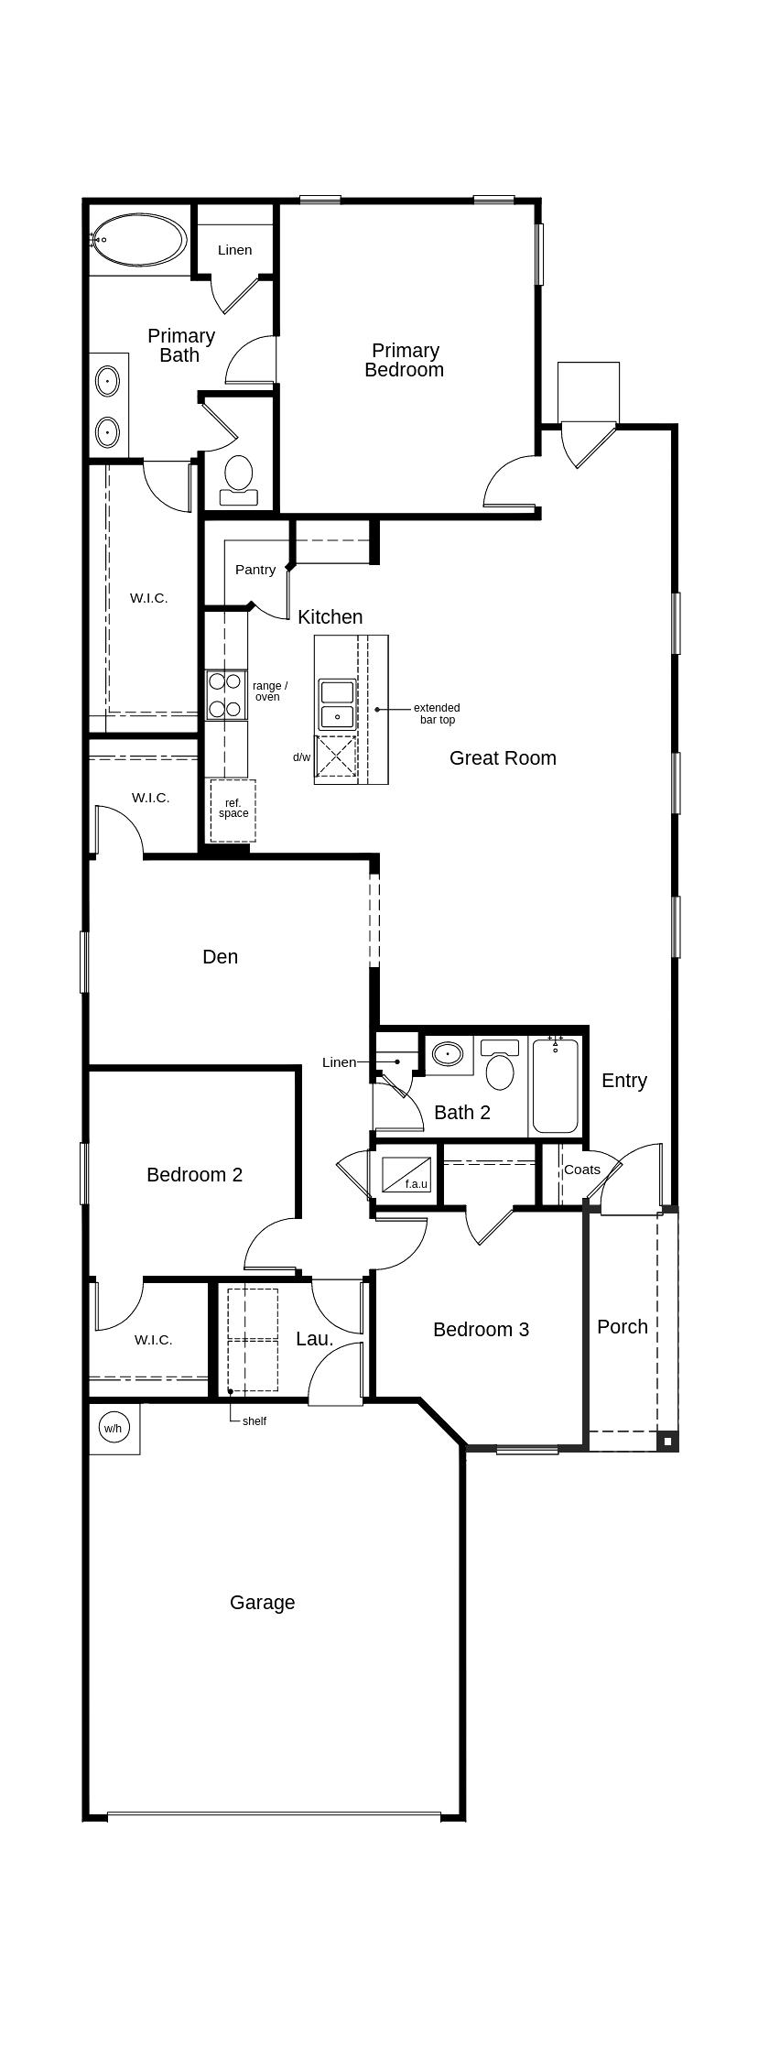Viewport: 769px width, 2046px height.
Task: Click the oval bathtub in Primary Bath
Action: tap(139, 239)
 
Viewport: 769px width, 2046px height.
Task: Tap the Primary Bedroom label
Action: tap(405, 360)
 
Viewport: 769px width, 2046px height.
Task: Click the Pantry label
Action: tap(255, 570)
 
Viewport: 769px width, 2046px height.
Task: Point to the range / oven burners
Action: tap(224, 695)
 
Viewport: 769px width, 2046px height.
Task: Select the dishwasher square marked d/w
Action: tap(336, 756)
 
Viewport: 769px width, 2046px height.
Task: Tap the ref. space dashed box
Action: tap(233, 810)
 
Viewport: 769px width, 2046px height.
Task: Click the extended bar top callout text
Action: tap(437, 713)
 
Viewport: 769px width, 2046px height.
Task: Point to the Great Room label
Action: tap(503, 758)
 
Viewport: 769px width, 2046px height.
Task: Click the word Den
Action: tap(220, 957)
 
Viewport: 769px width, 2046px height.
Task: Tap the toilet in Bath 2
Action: tap(500, 1067)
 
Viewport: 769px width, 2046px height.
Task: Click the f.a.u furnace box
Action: tap(406, 1175)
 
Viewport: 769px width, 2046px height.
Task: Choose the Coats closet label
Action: tap(582, 1170)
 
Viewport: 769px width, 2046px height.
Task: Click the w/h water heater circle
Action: tap(113, 1428)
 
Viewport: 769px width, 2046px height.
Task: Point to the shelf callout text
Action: tap(255, 1421)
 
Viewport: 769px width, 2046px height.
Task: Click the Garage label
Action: tap(262, 1603)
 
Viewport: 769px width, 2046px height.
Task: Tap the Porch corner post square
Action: tap(668, 1442)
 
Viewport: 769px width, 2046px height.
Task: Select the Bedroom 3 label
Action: tap(481, 1330)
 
